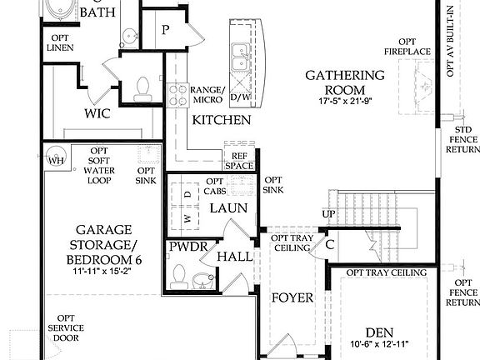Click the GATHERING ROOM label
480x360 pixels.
click(x=344, y=82)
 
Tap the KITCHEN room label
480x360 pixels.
click(x=222, y=120)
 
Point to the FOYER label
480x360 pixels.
click(x=292, y=297)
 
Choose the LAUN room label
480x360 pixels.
click(x=227, y=208)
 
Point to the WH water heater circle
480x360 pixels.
click(x=57, y=160)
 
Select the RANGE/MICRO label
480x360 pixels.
click(x=207, y=95)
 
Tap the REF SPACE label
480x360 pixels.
click(x=238, y=161)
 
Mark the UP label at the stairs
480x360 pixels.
click(x=327, y=215)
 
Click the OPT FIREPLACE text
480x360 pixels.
click(x=407, y=46)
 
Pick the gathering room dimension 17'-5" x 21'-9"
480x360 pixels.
click(x=344, y=102)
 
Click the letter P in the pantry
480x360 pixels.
click(x=166, y=30)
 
